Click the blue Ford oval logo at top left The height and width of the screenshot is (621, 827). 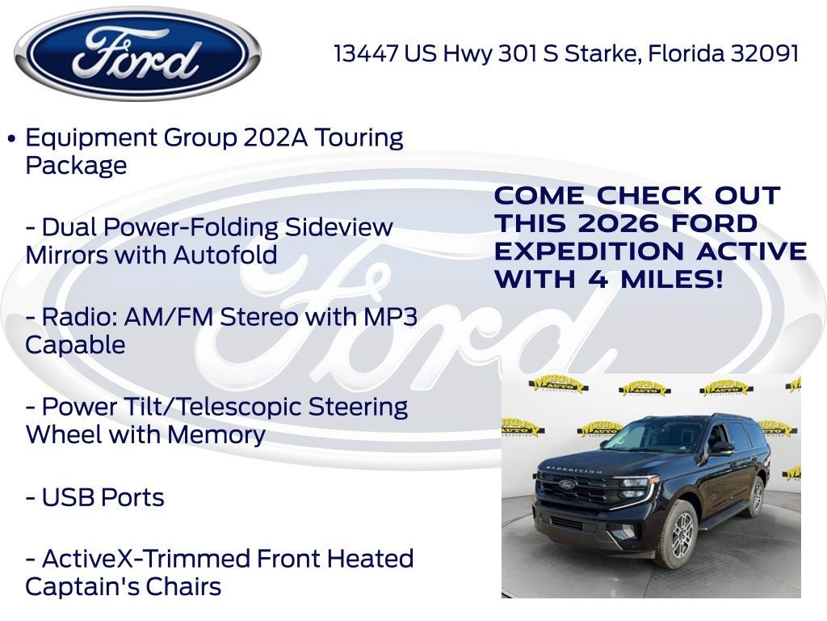tap(137, 53)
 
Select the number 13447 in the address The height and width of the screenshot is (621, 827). tap(366, 54)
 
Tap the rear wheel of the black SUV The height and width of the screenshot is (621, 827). tap(756, 495)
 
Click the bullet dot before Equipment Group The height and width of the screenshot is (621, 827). tap(11, 138)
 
